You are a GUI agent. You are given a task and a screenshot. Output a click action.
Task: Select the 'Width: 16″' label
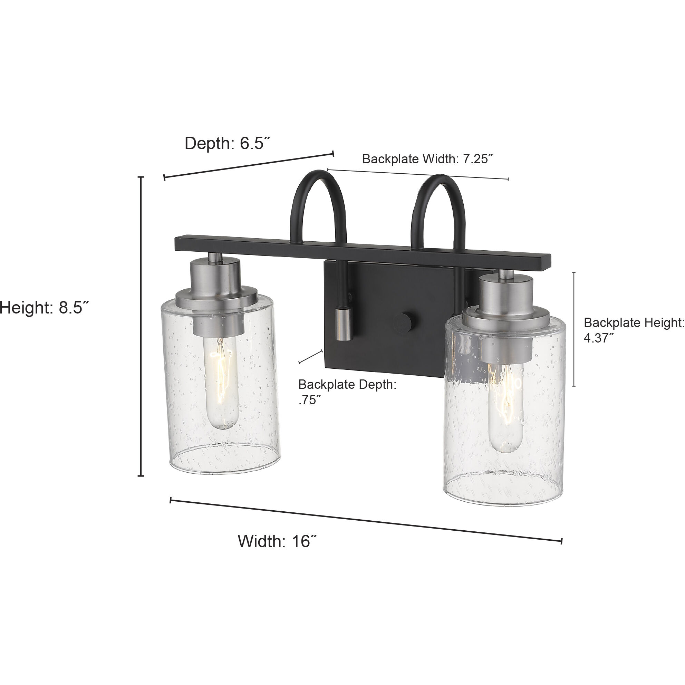(x=277, y=541)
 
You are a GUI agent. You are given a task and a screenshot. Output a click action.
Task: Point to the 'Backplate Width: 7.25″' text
(x=427, y=159)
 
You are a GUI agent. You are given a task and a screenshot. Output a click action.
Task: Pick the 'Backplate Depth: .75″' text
(x=347, y=392)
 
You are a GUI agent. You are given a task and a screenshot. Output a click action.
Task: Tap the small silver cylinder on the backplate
(x=343, y=324)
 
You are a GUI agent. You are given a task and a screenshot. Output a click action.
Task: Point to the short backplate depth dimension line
(x=311, y=356)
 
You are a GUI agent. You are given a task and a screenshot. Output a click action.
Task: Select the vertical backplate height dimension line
(x=574, y=329)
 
